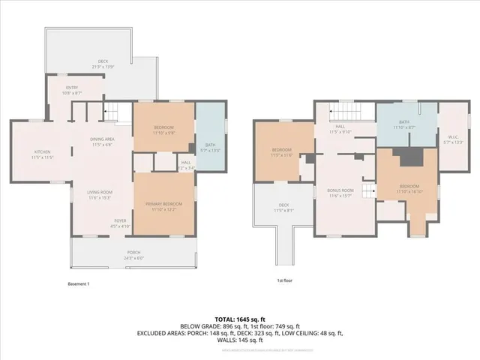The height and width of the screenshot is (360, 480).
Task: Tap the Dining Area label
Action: [x=101, y=142]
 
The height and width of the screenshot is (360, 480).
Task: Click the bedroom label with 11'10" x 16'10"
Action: [x=409, y=188]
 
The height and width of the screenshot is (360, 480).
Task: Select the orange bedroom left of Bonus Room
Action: [x=282, y=152]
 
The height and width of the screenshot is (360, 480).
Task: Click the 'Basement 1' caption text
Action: [x=79, y=284]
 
